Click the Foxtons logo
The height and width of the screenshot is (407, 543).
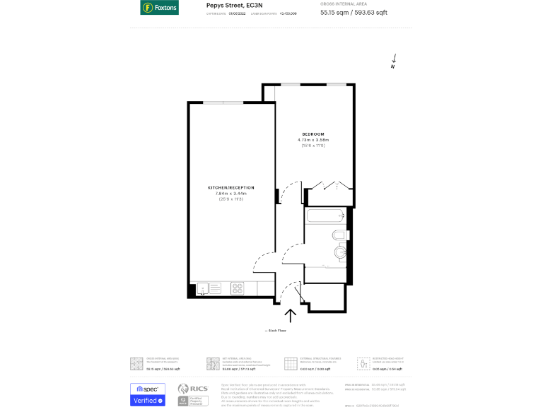[159, 8]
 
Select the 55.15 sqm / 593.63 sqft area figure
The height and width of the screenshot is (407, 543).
[354, 13]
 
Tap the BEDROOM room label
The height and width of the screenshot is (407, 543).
[313, 134]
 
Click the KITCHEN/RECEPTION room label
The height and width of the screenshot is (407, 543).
[230, 187]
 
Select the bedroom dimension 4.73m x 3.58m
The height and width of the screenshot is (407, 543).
[313, 141]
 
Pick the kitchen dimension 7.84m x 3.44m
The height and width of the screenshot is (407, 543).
[230, 194]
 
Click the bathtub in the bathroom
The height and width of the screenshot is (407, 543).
[325, 216]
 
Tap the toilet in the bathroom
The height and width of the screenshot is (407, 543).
[339, 235]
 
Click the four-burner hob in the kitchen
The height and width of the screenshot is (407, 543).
[238, 288]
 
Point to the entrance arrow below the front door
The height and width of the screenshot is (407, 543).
[289, 315]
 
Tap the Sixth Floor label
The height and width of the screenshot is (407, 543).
[275, 330]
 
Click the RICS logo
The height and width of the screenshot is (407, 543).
[192, 389]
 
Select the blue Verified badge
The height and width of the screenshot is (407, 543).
[148, 401]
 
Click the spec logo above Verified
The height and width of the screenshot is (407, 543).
[148, 389]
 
